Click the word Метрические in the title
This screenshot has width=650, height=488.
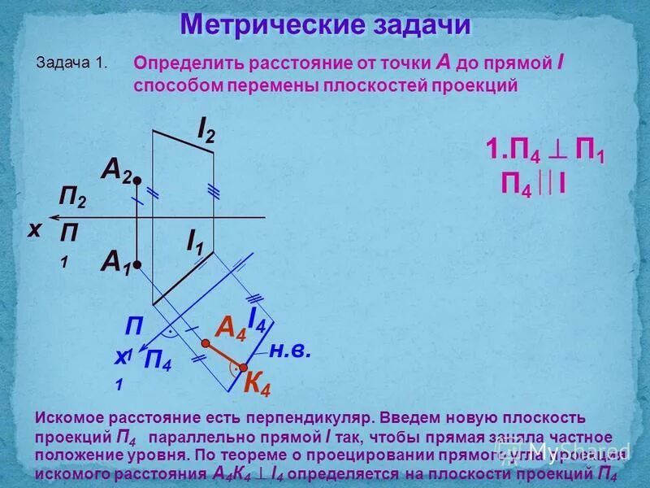[261, 25]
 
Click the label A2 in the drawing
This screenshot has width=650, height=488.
[115, 169]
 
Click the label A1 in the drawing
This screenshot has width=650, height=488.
[115, 261]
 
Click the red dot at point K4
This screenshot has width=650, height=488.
[242, 367]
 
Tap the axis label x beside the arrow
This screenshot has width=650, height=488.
[35, 230]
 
